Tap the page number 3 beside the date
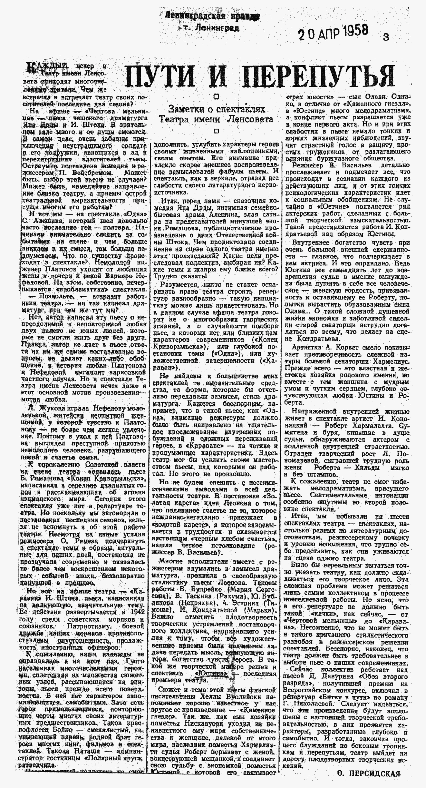tap(386, 38)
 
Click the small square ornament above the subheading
tap(216, 97)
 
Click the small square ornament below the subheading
tap(216, 131)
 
